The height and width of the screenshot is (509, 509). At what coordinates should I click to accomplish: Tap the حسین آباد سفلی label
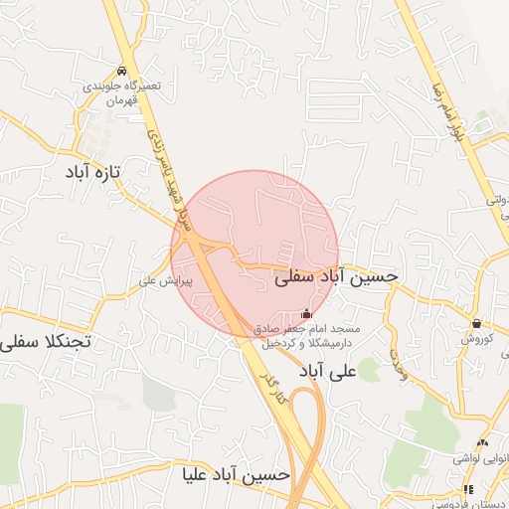point(336,278)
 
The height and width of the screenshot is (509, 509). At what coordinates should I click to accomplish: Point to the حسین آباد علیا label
point(237,474)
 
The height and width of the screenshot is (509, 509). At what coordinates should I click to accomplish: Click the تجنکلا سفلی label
point(46,342)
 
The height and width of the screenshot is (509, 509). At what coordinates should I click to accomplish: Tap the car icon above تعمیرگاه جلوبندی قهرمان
point(121,71)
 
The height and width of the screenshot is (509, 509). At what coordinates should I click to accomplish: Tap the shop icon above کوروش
point(478,323)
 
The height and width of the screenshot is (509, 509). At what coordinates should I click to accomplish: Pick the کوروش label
point(475,339)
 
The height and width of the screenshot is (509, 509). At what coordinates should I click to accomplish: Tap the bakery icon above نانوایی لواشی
point(483,441)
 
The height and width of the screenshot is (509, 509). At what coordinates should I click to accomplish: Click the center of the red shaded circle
point(254,254)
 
